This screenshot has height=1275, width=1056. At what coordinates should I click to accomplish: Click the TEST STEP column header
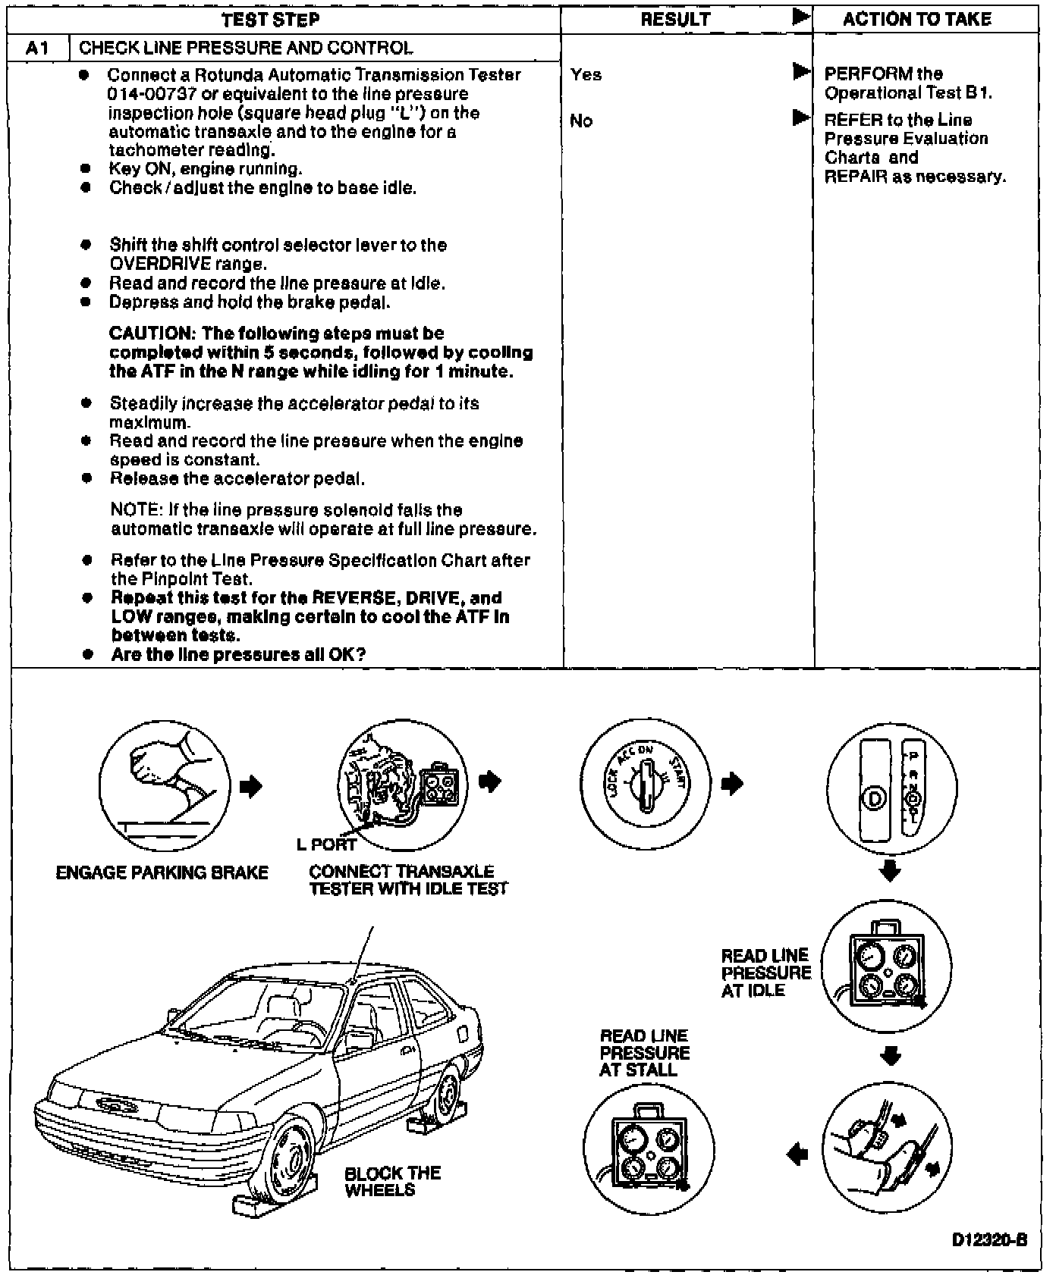(x=270, y=20)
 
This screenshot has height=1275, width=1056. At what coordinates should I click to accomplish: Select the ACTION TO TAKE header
(x=916, y=20)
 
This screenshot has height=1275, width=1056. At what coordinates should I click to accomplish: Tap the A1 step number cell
(x=38, y=49)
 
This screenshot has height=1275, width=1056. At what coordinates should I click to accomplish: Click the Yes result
(x=586, y=74)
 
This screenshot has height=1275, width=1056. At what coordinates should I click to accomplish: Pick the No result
(x=580, y=121)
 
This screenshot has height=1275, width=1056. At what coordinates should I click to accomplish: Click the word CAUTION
(x=150, y=334)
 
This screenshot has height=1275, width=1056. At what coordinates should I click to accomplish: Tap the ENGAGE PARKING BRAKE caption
(x=162, y=872)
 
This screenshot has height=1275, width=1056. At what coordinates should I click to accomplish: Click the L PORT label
(x=326, y=844)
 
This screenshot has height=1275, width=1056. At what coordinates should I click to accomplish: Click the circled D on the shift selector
(x=874, y=799)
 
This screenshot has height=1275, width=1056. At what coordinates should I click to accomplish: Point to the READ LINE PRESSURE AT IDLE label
(x=765, y=973)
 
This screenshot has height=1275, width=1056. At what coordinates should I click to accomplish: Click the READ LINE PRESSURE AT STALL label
(x=644, y=1053)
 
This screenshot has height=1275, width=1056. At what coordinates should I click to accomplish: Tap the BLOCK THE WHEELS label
(x=391, y=1181)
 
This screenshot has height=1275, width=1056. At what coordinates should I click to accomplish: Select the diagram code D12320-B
(x=989, y=1240)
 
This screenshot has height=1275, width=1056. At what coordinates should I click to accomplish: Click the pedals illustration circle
(x=887, y=1146)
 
